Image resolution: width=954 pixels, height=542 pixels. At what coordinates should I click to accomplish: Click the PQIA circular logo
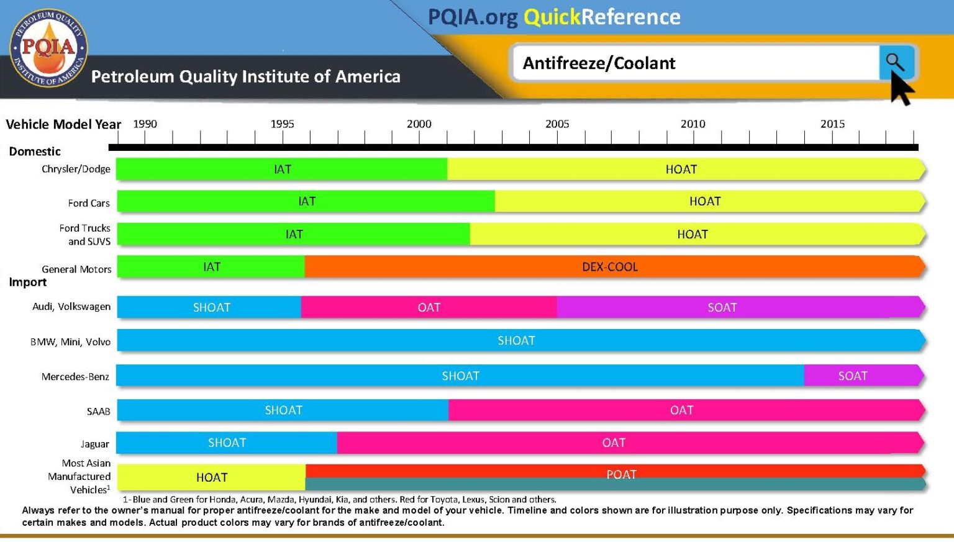(48, 48)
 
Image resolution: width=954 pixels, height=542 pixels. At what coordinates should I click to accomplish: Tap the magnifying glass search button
(895, 61)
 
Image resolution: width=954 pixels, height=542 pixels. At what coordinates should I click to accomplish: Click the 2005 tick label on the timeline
(557, 124)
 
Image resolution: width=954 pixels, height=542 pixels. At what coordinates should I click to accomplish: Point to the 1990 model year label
(145, 124)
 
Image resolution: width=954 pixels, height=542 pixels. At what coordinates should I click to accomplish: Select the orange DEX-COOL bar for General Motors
(610, 267)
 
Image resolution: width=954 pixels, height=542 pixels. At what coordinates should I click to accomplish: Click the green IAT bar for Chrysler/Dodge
(282, 169)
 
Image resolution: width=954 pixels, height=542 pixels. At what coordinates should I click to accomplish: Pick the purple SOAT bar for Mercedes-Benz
(852, 376)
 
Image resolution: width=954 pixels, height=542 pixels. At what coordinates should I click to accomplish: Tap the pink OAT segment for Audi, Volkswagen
(429, 307)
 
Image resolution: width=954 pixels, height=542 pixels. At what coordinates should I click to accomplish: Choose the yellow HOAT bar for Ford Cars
(705, 201)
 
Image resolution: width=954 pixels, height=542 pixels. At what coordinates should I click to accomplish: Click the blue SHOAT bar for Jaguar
(227, 443)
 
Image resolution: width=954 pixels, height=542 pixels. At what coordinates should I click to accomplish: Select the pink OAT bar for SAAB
(681, 410)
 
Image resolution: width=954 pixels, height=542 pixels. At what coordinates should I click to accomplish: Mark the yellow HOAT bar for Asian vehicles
(212, 477)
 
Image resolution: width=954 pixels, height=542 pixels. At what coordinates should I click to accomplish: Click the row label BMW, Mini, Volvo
(70, 342)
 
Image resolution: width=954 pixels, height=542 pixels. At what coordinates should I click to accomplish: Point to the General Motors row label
(76, 269)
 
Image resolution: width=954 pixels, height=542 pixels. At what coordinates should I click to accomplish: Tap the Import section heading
(28, 282)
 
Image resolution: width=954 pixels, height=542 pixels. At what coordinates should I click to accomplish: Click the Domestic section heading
(35, 151)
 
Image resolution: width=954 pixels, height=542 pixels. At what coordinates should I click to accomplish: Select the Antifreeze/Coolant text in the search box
(599, 63)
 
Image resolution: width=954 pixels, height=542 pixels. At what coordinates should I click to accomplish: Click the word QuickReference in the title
(602, 17)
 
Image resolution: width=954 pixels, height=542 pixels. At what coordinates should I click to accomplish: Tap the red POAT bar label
(621, 473)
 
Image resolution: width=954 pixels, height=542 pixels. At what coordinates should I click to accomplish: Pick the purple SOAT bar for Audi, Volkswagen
(722, 307)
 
